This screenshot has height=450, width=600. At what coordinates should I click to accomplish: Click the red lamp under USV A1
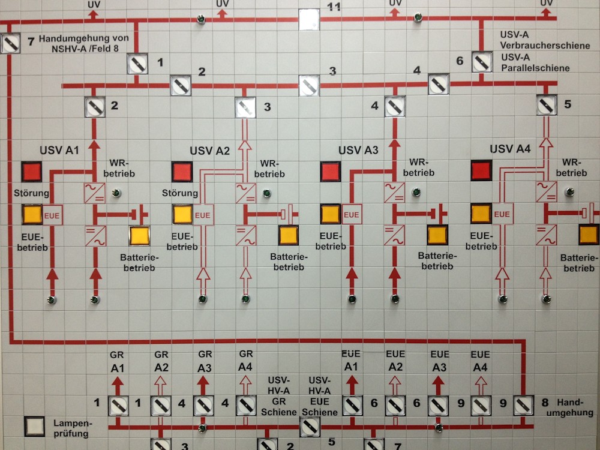[x=32, y=172]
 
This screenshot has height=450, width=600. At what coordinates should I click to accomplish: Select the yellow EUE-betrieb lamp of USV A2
[x=182, y=214]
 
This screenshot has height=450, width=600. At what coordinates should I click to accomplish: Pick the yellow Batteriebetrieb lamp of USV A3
[x=437, y=236]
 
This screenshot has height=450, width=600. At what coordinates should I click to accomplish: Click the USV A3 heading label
[x=358, y=151]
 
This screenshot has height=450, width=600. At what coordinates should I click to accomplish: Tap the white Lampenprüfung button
[x=34, y=426]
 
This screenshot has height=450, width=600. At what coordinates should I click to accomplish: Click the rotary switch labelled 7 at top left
[x=11, y=43]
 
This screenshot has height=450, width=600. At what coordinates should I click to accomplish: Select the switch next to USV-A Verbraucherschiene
[x=481, y=62]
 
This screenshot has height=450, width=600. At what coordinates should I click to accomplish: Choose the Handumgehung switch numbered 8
[x=524, y=406]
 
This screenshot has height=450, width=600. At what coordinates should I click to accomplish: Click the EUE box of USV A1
[x=53, y=214]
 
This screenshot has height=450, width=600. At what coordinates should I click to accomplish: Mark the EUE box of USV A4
[x=502, y=214]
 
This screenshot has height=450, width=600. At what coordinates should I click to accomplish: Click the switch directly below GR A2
[x=160, y=406]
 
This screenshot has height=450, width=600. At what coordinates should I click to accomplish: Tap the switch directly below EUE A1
[x=352, y=406]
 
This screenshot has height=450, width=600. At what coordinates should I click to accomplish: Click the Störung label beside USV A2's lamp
[x=180, y=193]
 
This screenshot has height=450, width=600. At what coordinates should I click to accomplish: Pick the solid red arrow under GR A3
[x=203, y=382]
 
